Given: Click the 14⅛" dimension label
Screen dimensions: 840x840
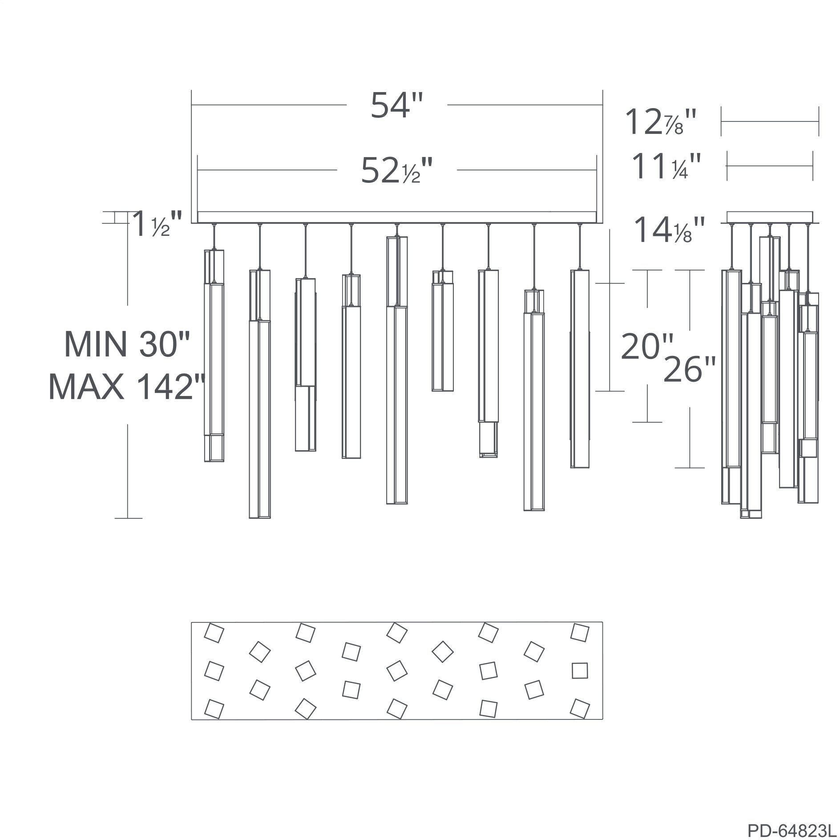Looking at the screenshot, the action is click(670, 230).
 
